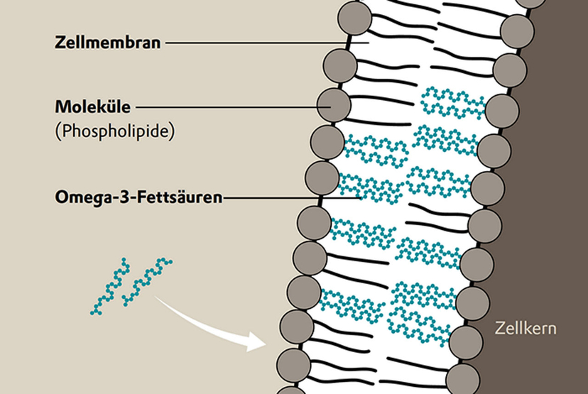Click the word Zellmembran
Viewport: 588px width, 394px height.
pos(108,43)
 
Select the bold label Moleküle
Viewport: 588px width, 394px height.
pos(92,107)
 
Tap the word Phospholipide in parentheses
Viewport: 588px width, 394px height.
pos(115,131)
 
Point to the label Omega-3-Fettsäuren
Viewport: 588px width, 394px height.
pos(138,197)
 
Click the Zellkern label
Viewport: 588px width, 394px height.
pos(526,328)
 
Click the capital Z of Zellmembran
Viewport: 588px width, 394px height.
pos(60,43)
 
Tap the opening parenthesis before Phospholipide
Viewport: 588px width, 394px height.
pos(58,132)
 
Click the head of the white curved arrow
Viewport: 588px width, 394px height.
pos(257,342)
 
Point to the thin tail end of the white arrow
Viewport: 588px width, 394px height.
pos(156,297)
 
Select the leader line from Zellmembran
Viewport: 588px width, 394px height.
pos(268,43)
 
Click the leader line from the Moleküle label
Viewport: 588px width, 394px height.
pos(233,107)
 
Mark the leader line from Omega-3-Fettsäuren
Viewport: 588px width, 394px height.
pos(292,197)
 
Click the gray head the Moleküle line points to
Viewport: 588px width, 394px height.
pos(334,105)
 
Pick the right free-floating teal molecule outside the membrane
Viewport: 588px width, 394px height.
pos(146,281)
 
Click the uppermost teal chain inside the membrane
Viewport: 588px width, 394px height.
pos(452,103)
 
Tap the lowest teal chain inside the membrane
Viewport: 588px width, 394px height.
pos(419,325)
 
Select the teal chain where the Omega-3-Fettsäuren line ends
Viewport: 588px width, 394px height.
pos(371,188)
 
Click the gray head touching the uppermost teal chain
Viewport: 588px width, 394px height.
pos(502,111)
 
